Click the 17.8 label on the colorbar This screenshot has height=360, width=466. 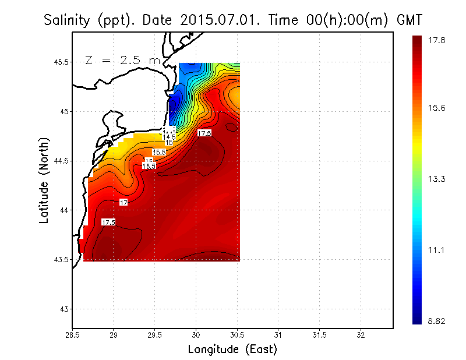pos(437,40)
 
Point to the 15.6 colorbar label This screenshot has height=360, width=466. pos(437,108)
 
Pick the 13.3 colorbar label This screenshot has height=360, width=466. pos(437,179)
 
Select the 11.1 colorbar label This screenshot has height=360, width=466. pos(437,250)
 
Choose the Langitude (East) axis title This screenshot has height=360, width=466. pos(232,350)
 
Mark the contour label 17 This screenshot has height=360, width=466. pos(123,202)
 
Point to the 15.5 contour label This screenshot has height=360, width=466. pos(159,152)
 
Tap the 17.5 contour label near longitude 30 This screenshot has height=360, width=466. pos(204,133)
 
